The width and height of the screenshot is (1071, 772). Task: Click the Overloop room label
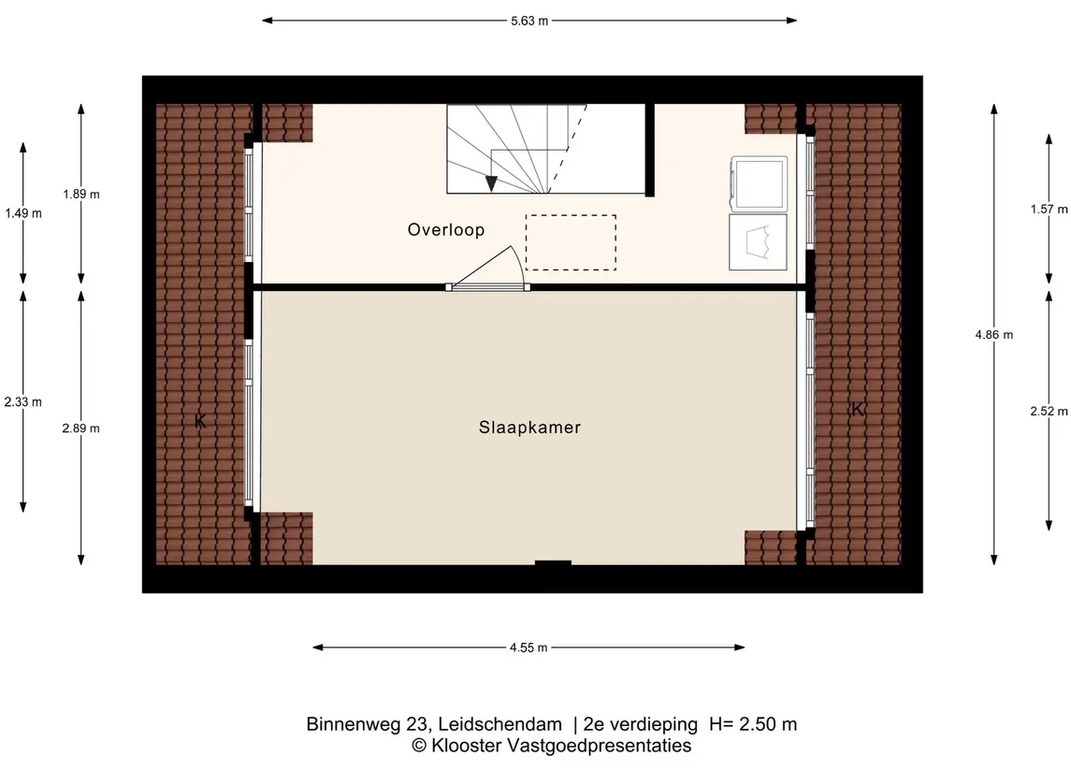[446, 229]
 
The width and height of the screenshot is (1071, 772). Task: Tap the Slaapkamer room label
[529, 428]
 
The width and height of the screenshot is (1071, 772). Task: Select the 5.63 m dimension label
[529, 22]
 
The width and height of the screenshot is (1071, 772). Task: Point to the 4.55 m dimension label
[528, 648]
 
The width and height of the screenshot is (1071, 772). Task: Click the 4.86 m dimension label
[993, 335]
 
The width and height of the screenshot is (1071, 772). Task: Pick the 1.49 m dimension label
[23, 213]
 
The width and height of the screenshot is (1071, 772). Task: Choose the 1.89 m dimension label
[81, 194]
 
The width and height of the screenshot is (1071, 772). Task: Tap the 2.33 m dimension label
[23, 401]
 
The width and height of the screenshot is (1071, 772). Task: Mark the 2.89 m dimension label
[81, 429]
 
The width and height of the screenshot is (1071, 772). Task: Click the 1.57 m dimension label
[1049, 209]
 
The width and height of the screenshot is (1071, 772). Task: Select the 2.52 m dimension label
[1049, 412]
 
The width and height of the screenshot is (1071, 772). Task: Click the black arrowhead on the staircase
[491, 183]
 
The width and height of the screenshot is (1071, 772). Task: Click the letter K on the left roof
[200, 421]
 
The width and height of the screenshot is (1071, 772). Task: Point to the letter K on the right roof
[858, 409]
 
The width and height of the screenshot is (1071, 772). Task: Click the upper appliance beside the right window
[759, 182]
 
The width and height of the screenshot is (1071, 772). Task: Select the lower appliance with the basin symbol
[759, 242]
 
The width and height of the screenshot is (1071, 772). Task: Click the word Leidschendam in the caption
[500, 724]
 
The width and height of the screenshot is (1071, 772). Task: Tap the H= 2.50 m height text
[753, 724]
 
